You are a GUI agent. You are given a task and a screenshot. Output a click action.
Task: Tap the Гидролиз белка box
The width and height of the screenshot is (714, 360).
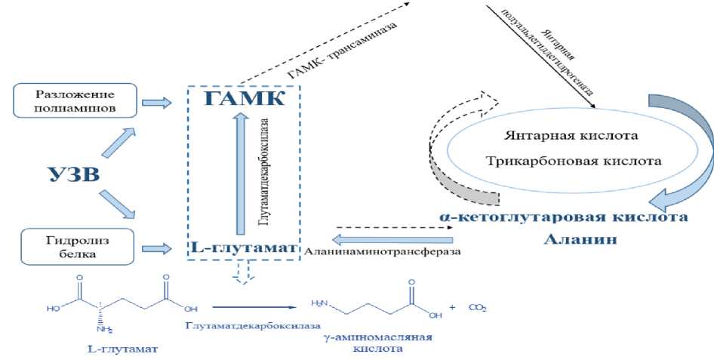coord(75,245)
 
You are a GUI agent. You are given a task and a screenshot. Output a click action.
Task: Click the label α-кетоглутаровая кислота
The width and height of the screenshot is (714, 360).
coord(562,217)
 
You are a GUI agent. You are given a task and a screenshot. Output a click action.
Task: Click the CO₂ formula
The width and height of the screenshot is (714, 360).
coord(477,307)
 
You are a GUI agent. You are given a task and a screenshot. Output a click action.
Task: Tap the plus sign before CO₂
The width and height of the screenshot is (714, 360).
coord(453,307)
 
